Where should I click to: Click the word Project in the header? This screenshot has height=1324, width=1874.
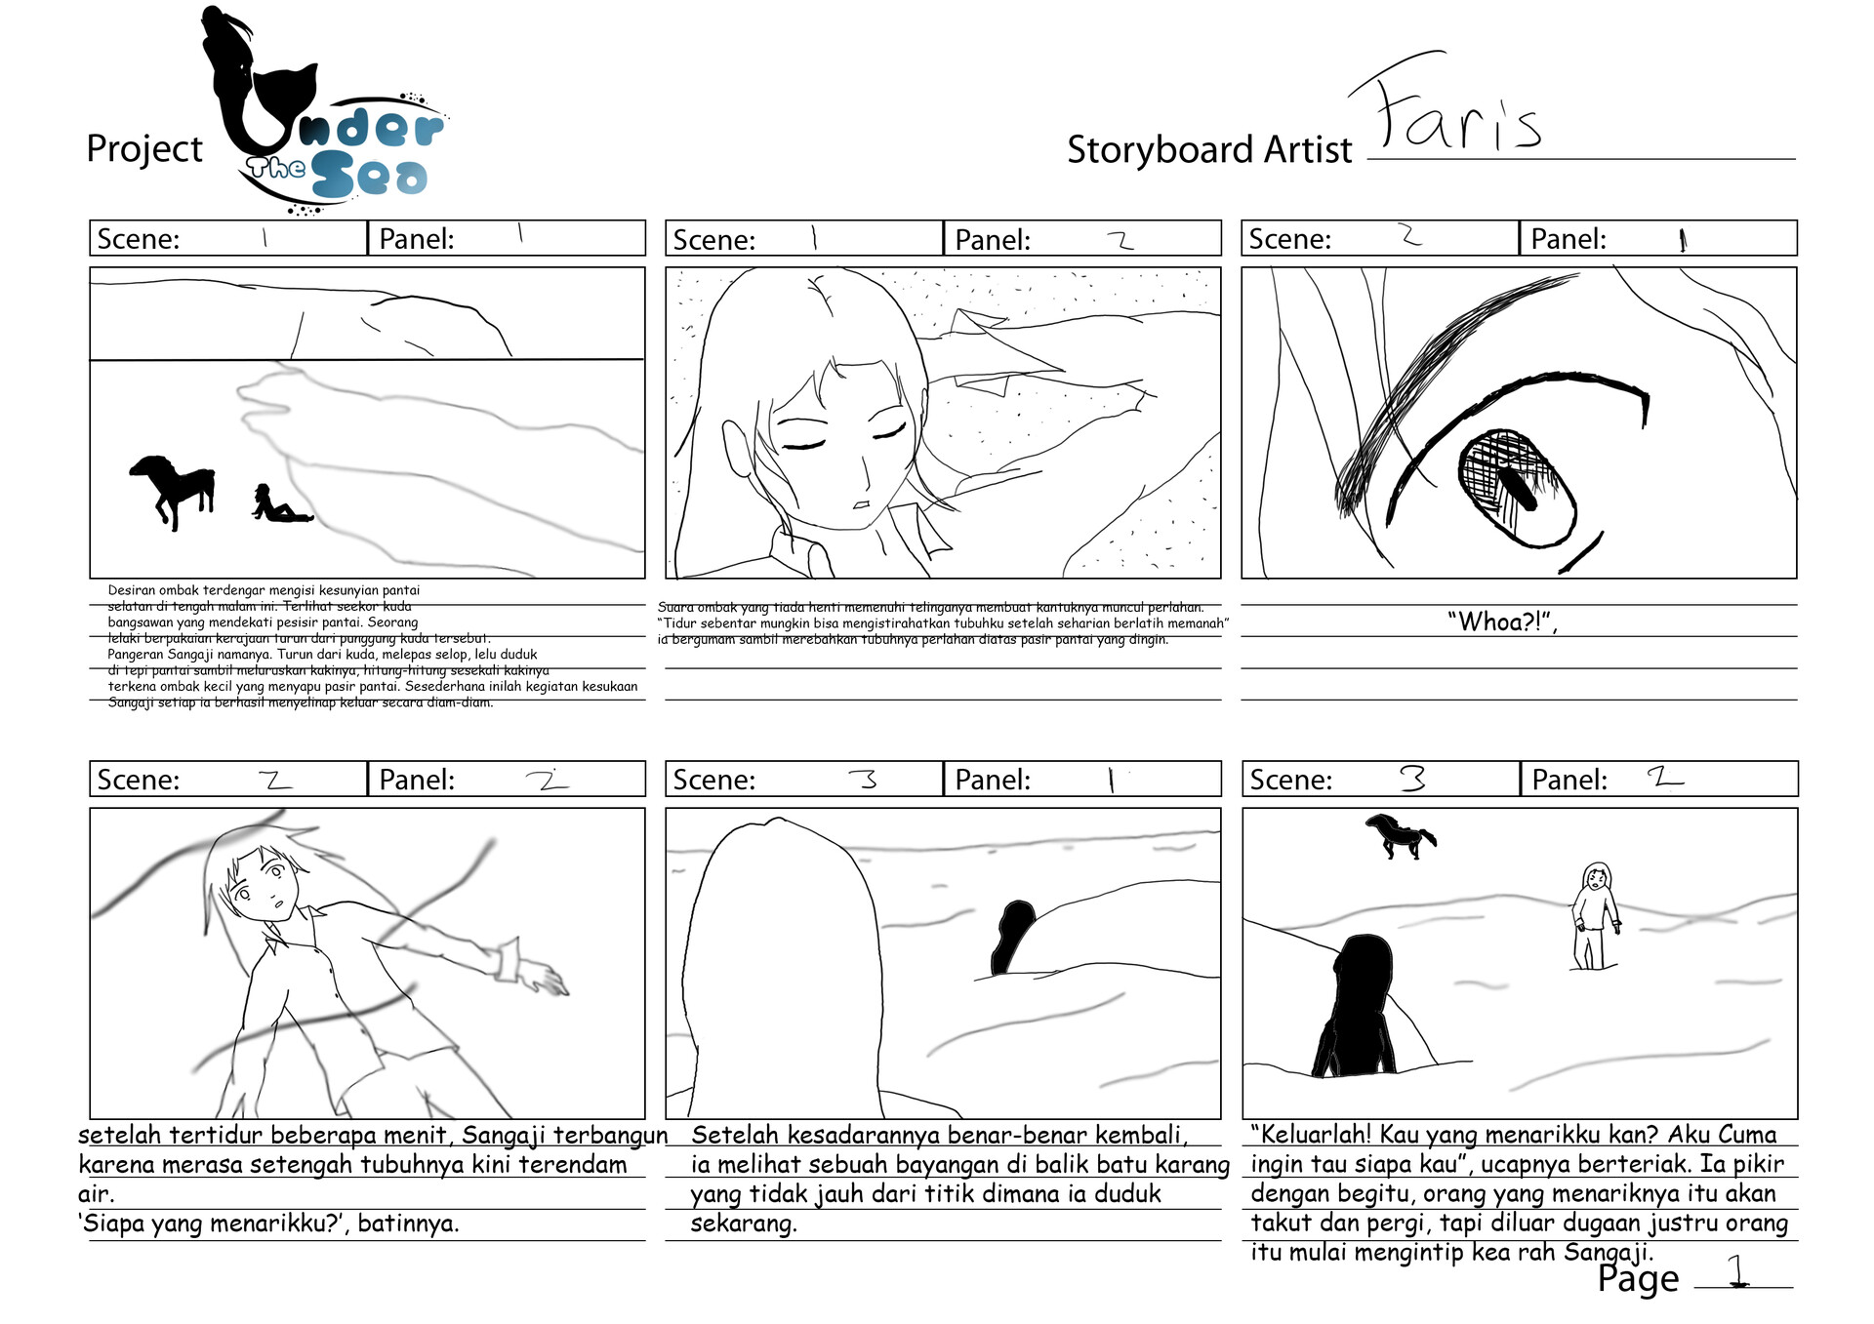(144, 149)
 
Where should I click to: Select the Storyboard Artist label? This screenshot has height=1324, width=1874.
(1208, 150)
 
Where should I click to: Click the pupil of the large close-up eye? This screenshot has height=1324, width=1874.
(1518, 488)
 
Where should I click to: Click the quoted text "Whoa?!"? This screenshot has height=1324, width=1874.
(1500, 622)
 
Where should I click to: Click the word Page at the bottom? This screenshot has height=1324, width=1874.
(1638, 1279)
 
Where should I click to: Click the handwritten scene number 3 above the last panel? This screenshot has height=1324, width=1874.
(1412, 779)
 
